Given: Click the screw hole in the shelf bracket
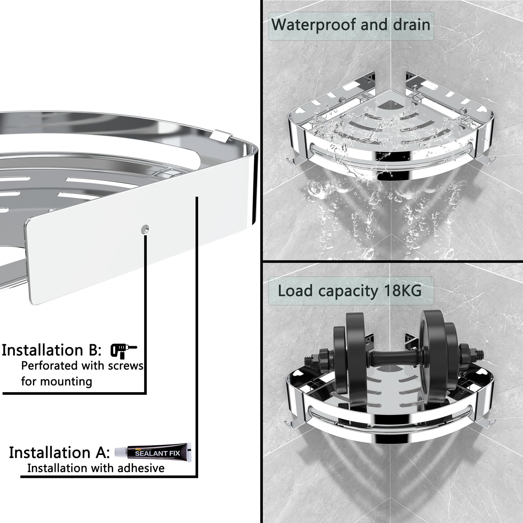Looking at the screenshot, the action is [145, 229].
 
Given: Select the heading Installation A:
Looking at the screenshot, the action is [59, 452].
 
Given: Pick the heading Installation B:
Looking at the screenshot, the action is [52, 350].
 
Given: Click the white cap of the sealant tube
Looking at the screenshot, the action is [120, 452].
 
